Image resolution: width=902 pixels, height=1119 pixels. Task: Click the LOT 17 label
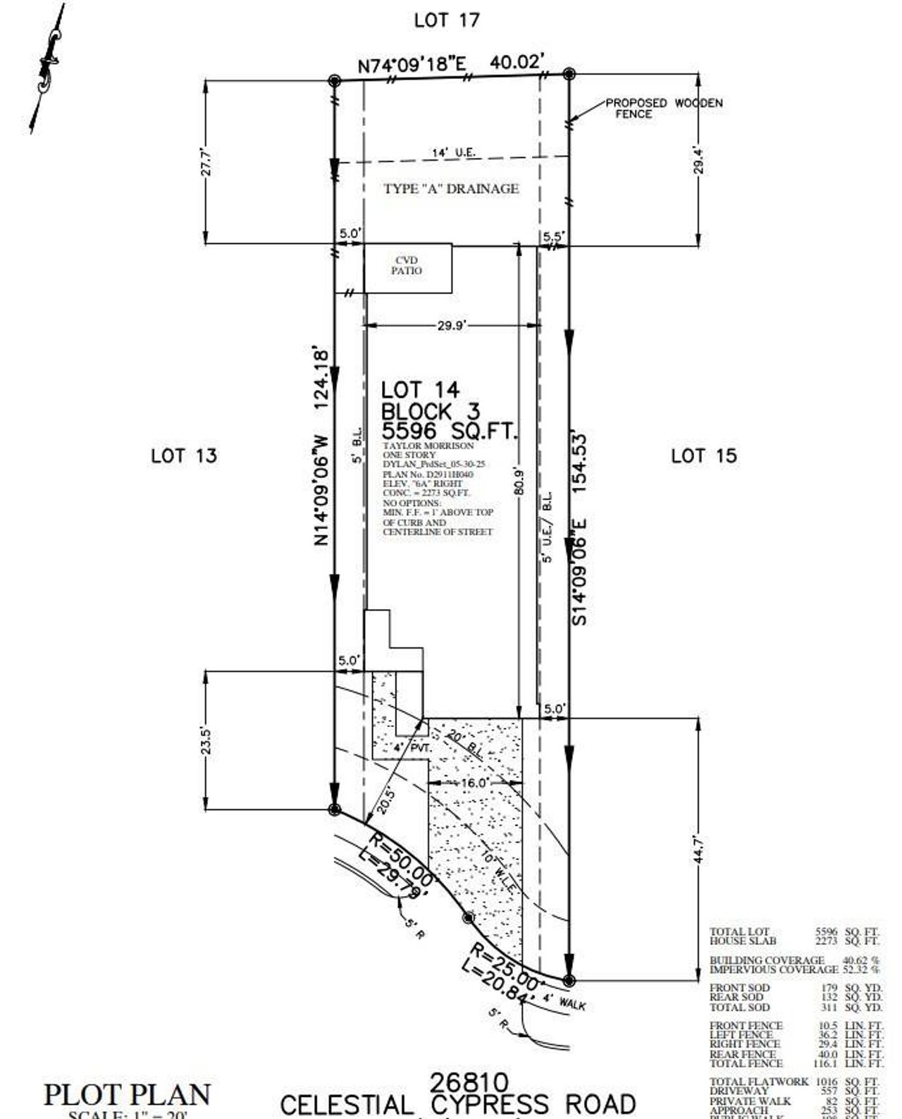tap(447, 20)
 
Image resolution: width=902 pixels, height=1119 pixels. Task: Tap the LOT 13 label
tap(184, 455)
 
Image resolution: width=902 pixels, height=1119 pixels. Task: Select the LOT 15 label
tap(703, 455)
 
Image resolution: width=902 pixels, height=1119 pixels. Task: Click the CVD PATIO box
tap(407, 267)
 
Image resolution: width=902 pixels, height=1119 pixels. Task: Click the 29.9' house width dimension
tap(451, 325)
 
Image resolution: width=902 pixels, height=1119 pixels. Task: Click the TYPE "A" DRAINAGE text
tap(451, 188)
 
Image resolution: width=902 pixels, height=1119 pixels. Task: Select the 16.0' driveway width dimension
tap(474, 783)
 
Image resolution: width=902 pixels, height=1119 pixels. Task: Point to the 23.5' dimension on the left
tap(206, 741)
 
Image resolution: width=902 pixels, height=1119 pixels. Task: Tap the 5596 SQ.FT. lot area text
tap(449, 431)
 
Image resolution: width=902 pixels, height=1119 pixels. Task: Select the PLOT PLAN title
tap(127, 1094)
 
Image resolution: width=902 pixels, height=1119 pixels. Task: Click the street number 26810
tap(469, 1082)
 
